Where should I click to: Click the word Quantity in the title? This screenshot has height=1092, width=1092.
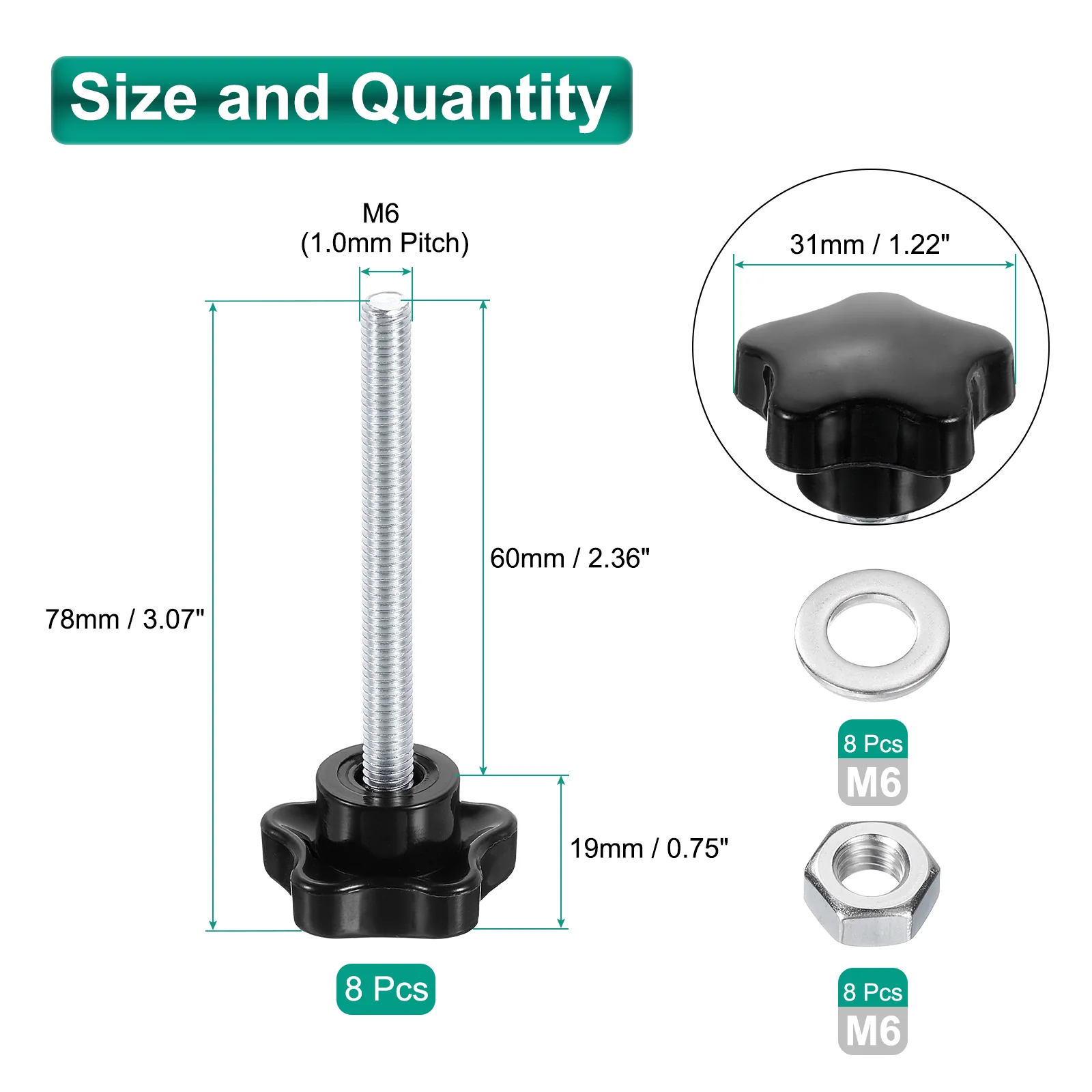point(480,100)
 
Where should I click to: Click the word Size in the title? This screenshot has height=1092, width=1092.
point(134,97)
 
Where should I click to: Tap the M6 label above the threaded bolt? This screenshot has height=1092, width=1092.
point(381,213)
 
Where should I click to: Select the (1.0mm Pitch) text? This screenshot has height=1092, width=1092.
point(385,243)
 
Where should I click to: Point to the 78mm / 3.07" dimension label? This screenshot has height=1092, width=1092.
point(125,619)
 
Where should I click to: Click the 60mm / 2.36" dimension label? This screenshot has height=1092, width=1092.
point(570,558)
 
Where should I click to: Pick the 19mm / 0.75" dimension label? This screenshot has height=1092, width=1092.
point(649,848)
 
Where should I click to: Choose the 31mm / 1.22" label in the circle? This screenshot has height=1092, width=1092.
point(870,244)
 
